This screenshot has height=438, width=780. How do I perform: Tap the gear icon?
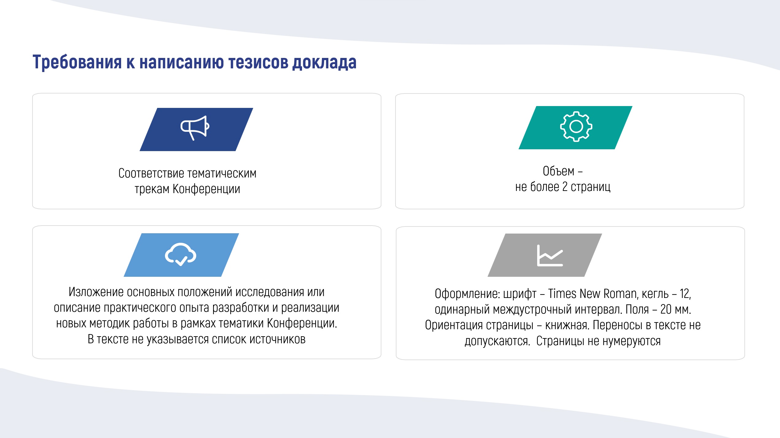tap(576, 126)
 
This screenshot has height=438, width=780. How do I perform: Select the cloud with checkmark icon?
tap(181, 254)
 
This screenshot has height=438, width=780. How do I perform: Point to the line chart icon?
tap(550, 255)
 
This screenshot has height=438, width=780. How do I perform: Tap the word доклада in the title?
tap(324, 63)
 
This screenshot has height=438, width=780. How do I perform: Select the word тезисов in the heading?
tap(258, 62)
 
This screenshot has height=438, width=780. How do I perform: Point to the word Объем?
tap(558, 171)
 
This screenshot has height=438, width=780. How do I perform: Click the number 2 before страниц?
tap(565, 187)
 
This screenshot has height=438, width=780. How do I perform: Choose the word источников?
tap(277, 339)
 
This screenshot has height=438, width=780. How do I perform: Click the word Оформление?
tap(467, 294)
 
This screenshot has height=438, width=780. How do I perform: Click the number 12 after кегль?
tap(685, 294)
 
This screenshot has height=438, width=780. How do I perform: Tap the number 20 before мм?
tap(666, 310)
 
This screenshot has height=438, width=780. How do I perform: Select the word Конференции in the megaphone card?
tap(206, 189)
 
